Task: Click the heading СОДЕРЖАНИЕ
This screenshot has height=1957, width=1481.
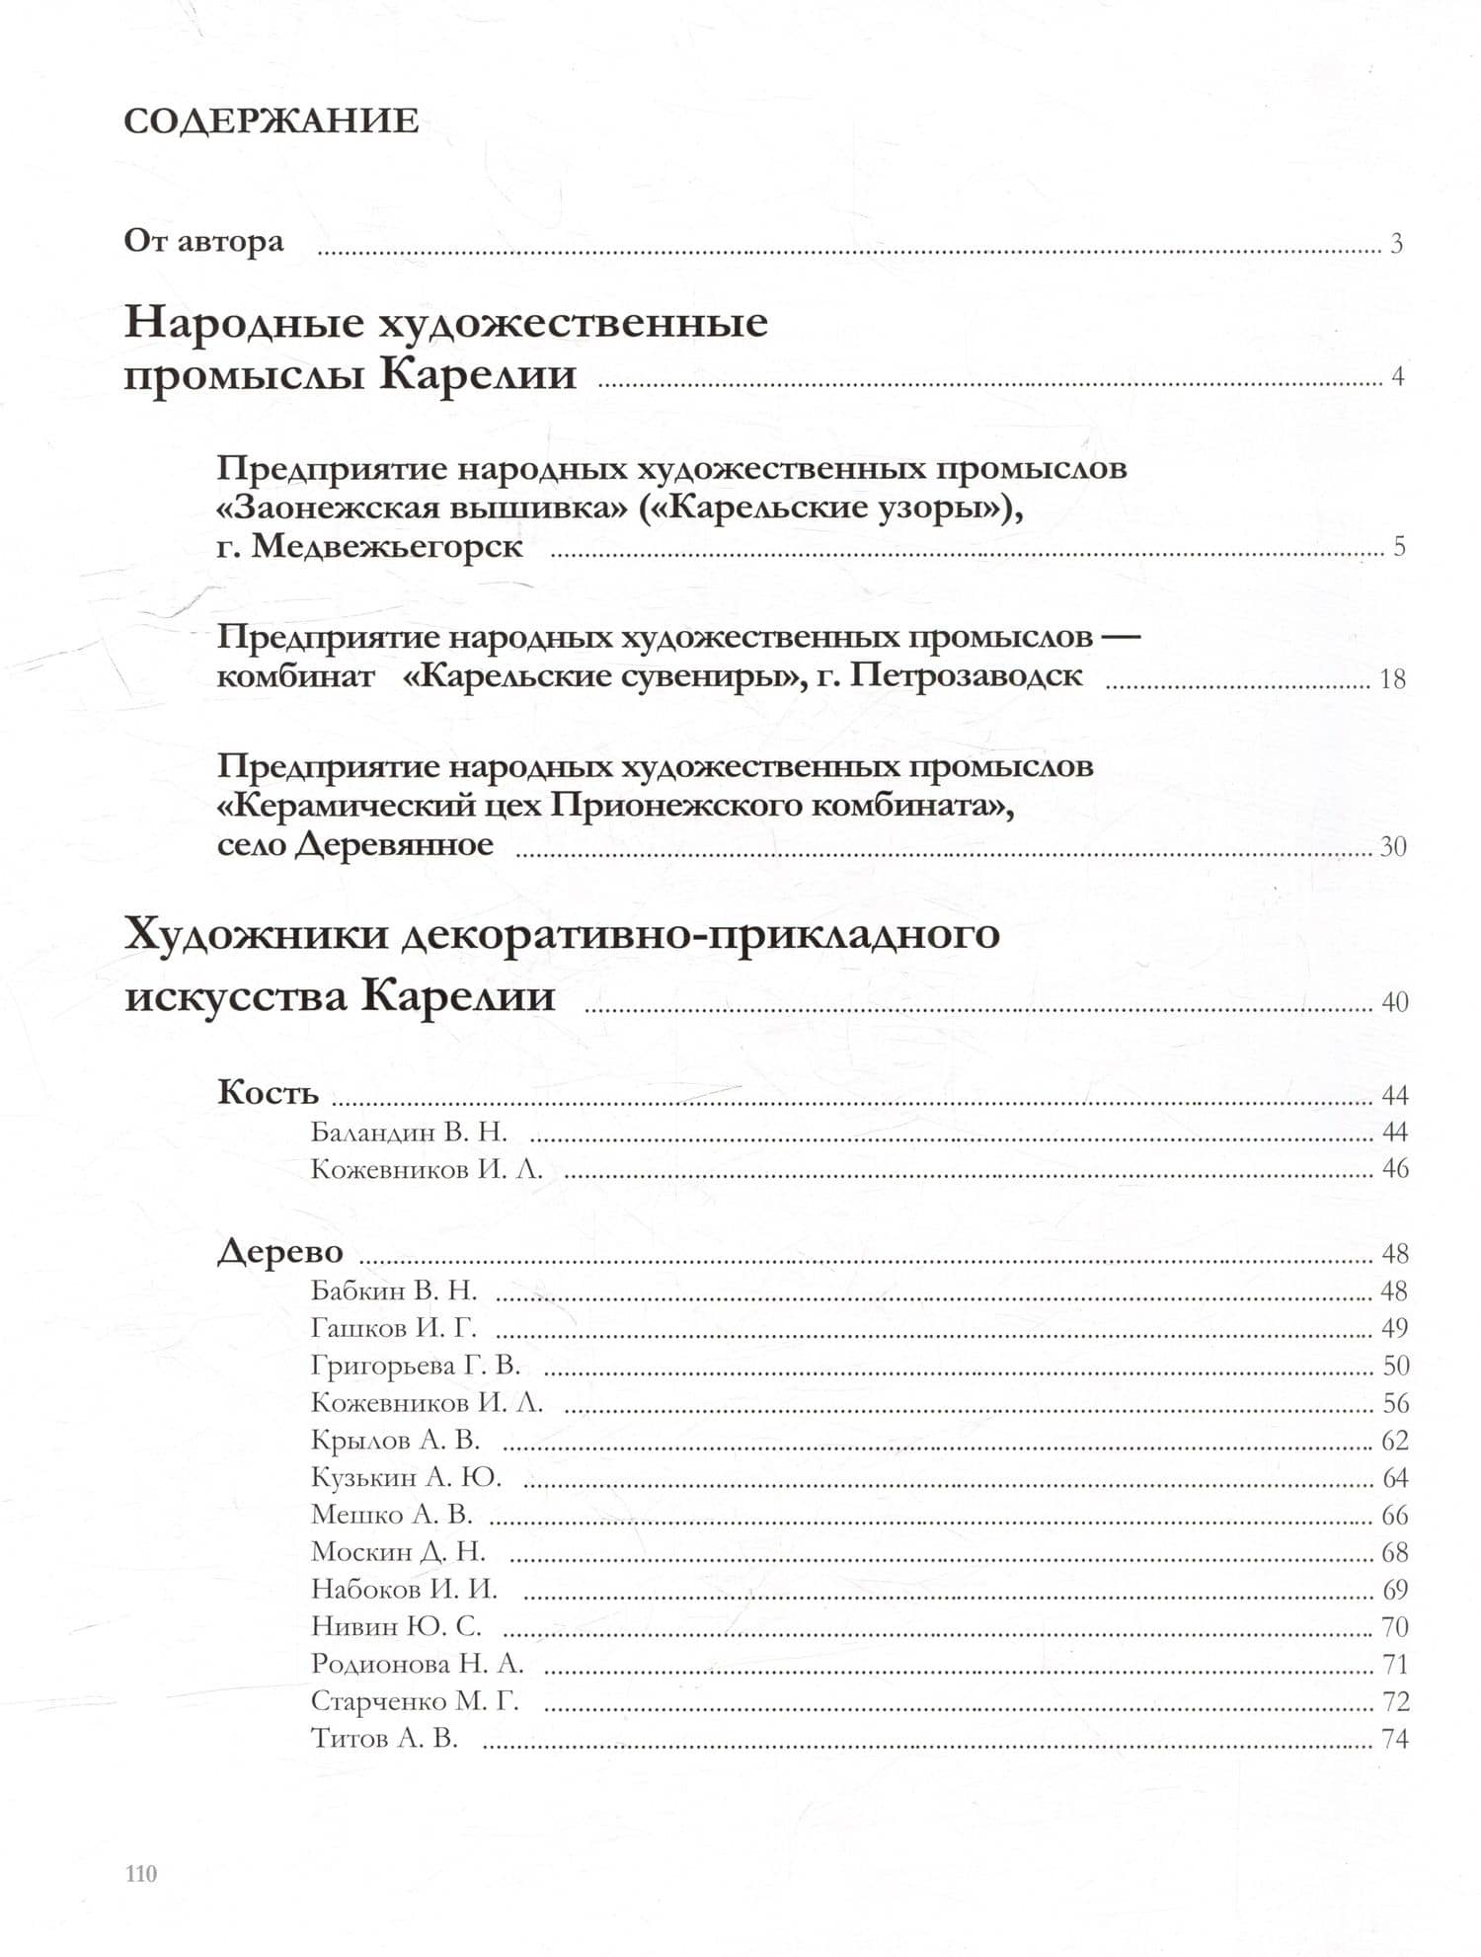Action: coord(272,121)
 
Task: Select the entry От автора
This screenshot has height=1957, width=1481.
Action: coord(203,241)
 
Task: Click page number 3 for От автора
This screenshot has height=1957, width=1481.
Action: coord(1396,244)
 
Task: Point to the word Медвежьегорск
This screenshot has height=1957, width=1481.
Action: coord(387,546)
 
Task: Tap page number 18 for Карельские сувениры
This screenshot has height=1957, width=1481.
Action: coord(1392,679)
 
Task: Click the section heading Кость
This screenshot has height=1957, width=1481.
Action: coord(268,1093)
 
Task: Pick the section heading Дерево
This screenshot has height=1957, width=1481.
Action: coord(280,1252)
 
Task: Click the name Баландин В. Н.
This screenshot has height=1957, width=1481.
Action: coord(409,1132)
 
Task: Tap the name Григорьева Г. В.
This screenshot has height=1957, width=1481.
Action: coord(415,1366)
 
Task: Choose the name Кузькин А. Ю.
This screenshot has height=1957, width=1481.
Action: coord(406,1478)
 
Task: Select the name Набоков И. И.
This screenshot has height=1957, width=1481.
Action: coord(404,1590)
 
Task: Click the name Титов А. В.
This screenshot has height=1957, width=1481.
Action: coord(384,1738)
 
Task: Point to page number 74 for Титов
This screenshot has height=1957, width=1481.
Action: coord(1394,1739)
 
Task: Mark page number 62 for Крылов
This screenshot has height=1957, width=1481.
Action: coord(1394,1441)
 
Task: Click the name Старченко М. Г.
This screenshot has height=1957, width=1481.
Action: coord(414,1701)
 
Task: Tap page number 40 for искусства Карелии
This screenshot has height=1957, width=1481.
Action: coord(1394,1002)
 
